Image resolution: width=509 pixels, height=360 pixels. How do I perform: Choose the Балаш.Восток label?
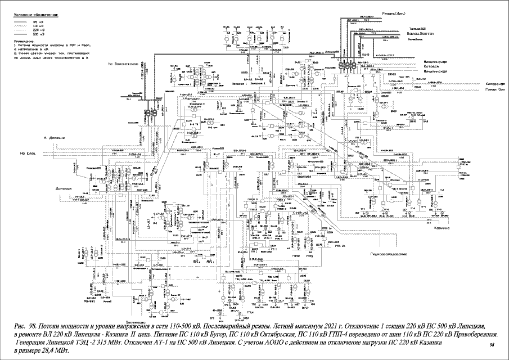pyautogui.click(x=420, y=35)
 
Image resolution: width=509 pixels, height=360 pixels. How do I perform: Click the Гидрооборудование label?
pyautogui.click(x=388, y=254)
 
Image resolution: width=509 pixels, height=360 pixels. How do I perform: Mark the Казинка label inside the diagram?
pyautogui.click(x=442, y=228)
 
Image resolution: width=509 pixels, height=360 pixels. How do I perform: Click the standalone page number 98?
pyautogui.click(x=493, y=344)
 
